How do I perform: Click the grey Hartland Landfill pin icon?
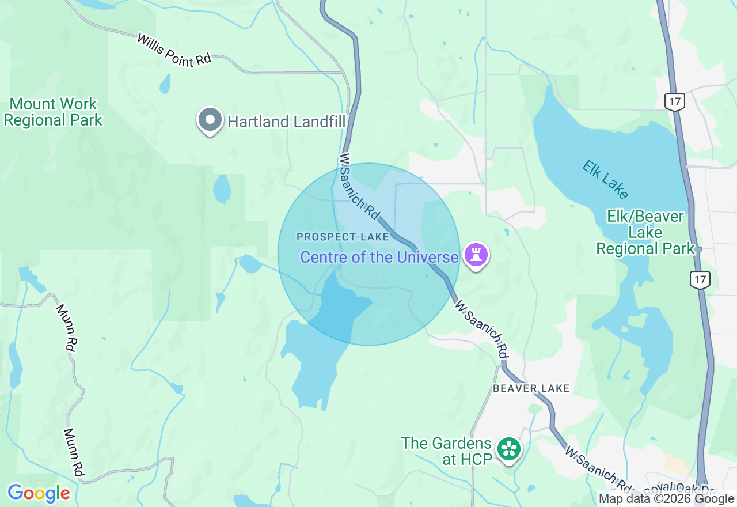tap(210, 120)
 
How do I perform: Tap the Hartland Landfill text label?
tap(287, 122)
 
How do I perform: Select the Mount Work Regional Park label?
tap(53, 112)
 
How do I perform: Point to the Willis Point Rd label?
tap(174, 50)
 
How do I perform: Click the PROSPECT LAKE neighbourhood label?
tap(335, 237)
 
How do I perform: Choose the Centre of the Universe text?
tap(379, 257)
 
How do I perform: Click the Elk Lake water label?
tap(605, 179)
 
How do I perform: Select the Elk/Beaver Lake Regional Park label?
tap(645, 233)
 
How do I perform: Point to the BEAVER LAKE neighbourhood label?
tap(531, 388)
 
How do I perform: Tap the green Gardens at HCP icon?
tap(509, 449)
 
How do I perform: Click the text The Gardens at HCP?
tap(446, 451)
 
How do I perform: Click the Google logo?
tap(39, 493)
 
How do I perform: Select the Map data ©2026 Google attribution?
tap(666, 499)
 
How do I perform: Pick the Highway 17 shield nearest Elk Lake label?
tap(674, 102)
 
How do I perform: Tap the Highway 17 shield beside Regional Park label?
tap(700, 280)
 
